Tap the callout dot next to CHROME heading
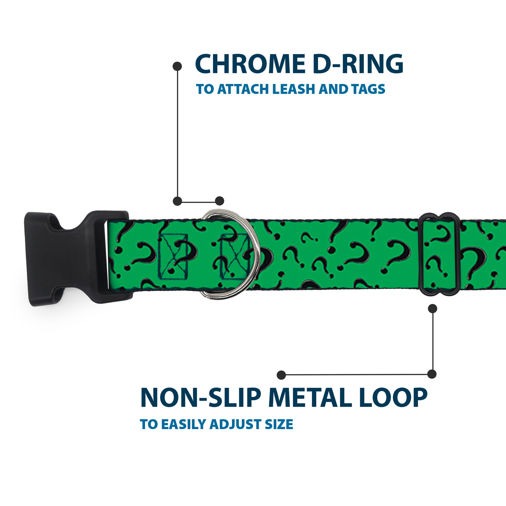click(177, 66)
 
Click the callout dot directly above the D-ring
click(219, 201)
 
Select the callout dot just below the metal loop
click(432, 309)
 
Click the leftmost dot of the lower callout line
click(282, 375)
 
